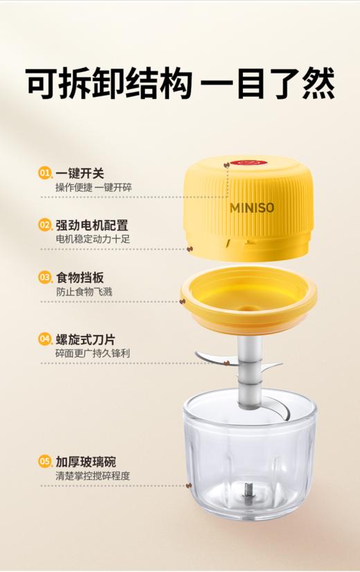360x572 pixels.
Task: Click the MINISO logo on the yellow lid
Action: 251,207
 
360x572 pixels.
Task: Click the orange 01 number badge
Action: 45,173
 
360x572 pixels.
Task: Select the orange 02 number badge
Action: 45,225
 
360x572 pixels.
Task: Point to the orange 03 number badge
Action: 45,278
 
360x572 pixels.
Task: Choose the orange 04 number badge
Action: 45,339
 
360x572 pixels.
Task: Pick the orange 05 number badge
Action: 45,461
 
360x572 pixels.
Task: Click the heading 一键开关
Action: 80,173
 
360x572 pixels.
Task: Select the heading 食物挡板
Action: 80,278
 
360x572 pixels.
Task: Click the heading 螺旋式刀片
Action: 86,339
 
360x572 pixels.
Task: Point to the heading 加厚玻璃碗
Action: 86,461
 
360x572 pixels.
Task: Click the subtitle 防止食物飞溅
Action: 84,292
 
